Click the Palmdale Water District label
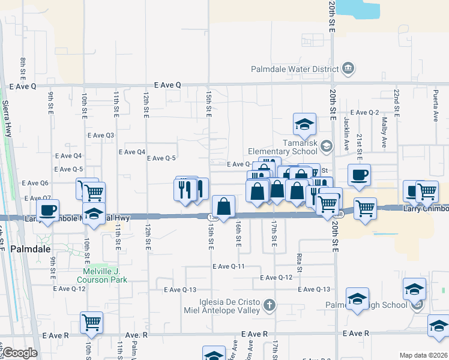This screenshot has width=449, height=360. (x=295, y=68)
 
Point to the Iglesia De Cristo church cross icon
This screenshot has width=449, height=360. (x=270, y=305)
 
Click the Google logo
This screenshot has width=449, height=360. (x=19, y=353)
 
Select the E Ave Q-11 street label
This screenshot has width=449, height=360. (x=228, y=266)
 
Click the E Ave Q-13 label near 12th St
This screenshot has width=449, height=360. (x=179, y=289)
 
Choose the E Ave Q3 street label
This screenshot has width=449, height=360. (x=101, y=135)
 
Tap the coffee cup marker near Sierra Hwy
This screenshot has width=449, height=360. (x=48, y=210)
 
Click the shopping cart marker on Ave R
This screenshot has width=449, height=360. (x=92, y=323)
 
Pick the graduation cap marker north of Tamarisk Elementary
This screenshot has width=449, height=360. (x=304, y=124)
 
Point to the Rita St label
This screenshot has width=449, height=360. (x=298, y=259)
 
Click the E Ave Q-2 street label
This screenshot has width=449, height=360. (x=365, y=112)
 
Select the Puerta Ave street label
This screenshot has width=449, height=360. (x=435, y=107)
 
